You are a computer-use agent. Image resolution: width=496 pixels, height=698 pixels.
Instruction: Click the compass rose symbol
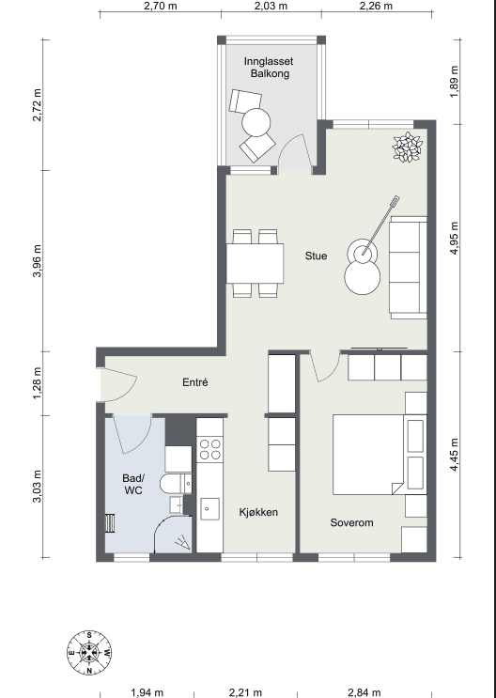pyautogui.click(x=89, y=653)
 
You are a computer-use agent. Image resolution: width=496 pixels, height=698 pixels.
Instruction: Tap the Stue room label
pyautogui.click(x=317, y=256)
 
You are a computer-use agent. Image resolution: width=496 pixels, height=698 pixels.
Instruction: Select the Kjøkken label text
pyautogui.click(x=258, y=512)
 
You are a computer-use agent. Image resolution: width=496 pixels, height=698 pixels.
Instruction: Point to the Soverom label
pyautogui.click(x=351, y=522)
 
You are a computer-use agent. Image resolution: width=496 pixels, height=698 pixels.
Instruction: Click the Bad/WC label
pyautogui.click(x=133, y=485)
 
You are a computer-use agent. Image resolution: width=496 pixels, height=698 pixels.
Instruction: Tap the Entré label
pyautogui.click(x=195, y=382)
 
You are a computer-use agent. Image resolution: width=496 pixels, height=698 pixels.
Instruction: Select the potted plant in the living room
pyautogui.click(x=408, y=147)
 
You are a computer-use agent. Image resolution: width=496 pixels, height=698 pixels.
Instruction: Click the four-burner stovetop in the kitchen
pyautogui.click(x=210, y=449)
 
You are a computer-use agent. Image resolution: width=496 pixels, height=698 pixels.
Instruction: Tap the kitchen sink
pyautogui.click(x=209, y=509)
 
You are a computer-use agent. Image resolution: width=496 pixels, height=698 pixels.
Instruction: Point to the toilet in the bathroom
pyautogui.click(x=177, y=484)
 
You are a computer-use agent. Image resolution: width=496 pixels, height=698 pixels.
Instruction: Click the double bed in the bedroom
pyautogui.click(x=380, y=454)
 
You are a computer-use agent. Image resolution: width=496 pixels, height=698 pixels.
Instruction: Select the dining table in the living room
pyautogui.click(x=256, y=263)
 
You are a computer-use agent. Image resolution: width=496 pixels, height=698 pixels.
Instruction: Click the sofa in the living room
pyautogui.click(x=409, y=268)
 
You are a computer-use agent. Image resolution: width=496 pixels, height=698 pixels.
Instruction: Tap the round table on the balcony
pyautogui.click(x=256, y=122)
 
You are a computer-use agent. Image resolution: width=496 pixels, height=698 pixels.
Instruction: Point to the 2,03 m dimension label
pyautogui.click(x=271, y=6)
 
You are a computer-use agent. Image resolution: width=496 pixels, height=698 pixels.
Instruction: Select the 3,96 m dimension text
pyautogui.click(x=37, y=260)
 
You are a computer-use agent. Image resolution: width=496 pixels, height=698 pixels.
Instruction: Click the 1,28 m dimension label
pyautogui.click(x=37, y=383)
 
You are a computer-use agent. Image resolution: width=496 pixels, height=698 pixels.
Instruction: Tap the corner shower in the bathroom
pyautogui.click(x=173, y=535)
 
